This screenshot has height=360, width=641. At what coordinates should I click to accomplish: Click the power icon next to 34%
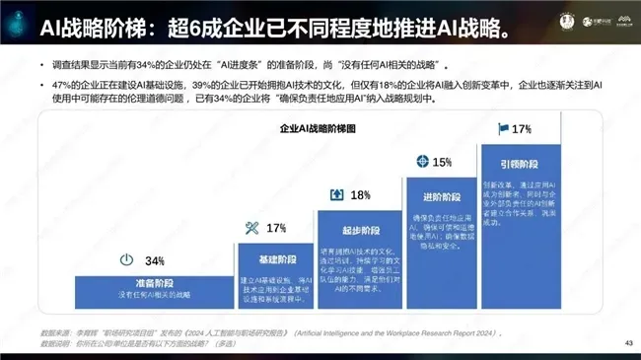point(125,260)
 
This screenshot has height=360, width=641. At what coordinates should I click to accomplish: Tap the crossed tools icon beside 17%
point(250,228)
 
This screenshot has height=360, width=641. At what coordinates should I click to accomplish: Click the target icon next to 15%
point(422,161)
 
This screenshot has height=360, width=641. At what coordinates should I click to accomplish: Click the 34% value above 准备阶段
point(155,261)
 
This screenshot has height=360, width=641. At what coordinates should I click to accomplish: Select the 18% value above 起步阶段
point(361,194)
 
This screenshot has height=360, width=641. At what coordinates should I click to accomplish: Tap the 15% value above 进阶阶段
point(443,162)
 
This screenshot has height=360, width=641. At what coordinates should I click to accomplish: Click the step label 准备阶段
point(147,282)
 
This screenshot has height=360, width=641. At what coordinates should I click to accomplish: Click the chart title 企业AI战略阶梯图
point(320,128)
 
